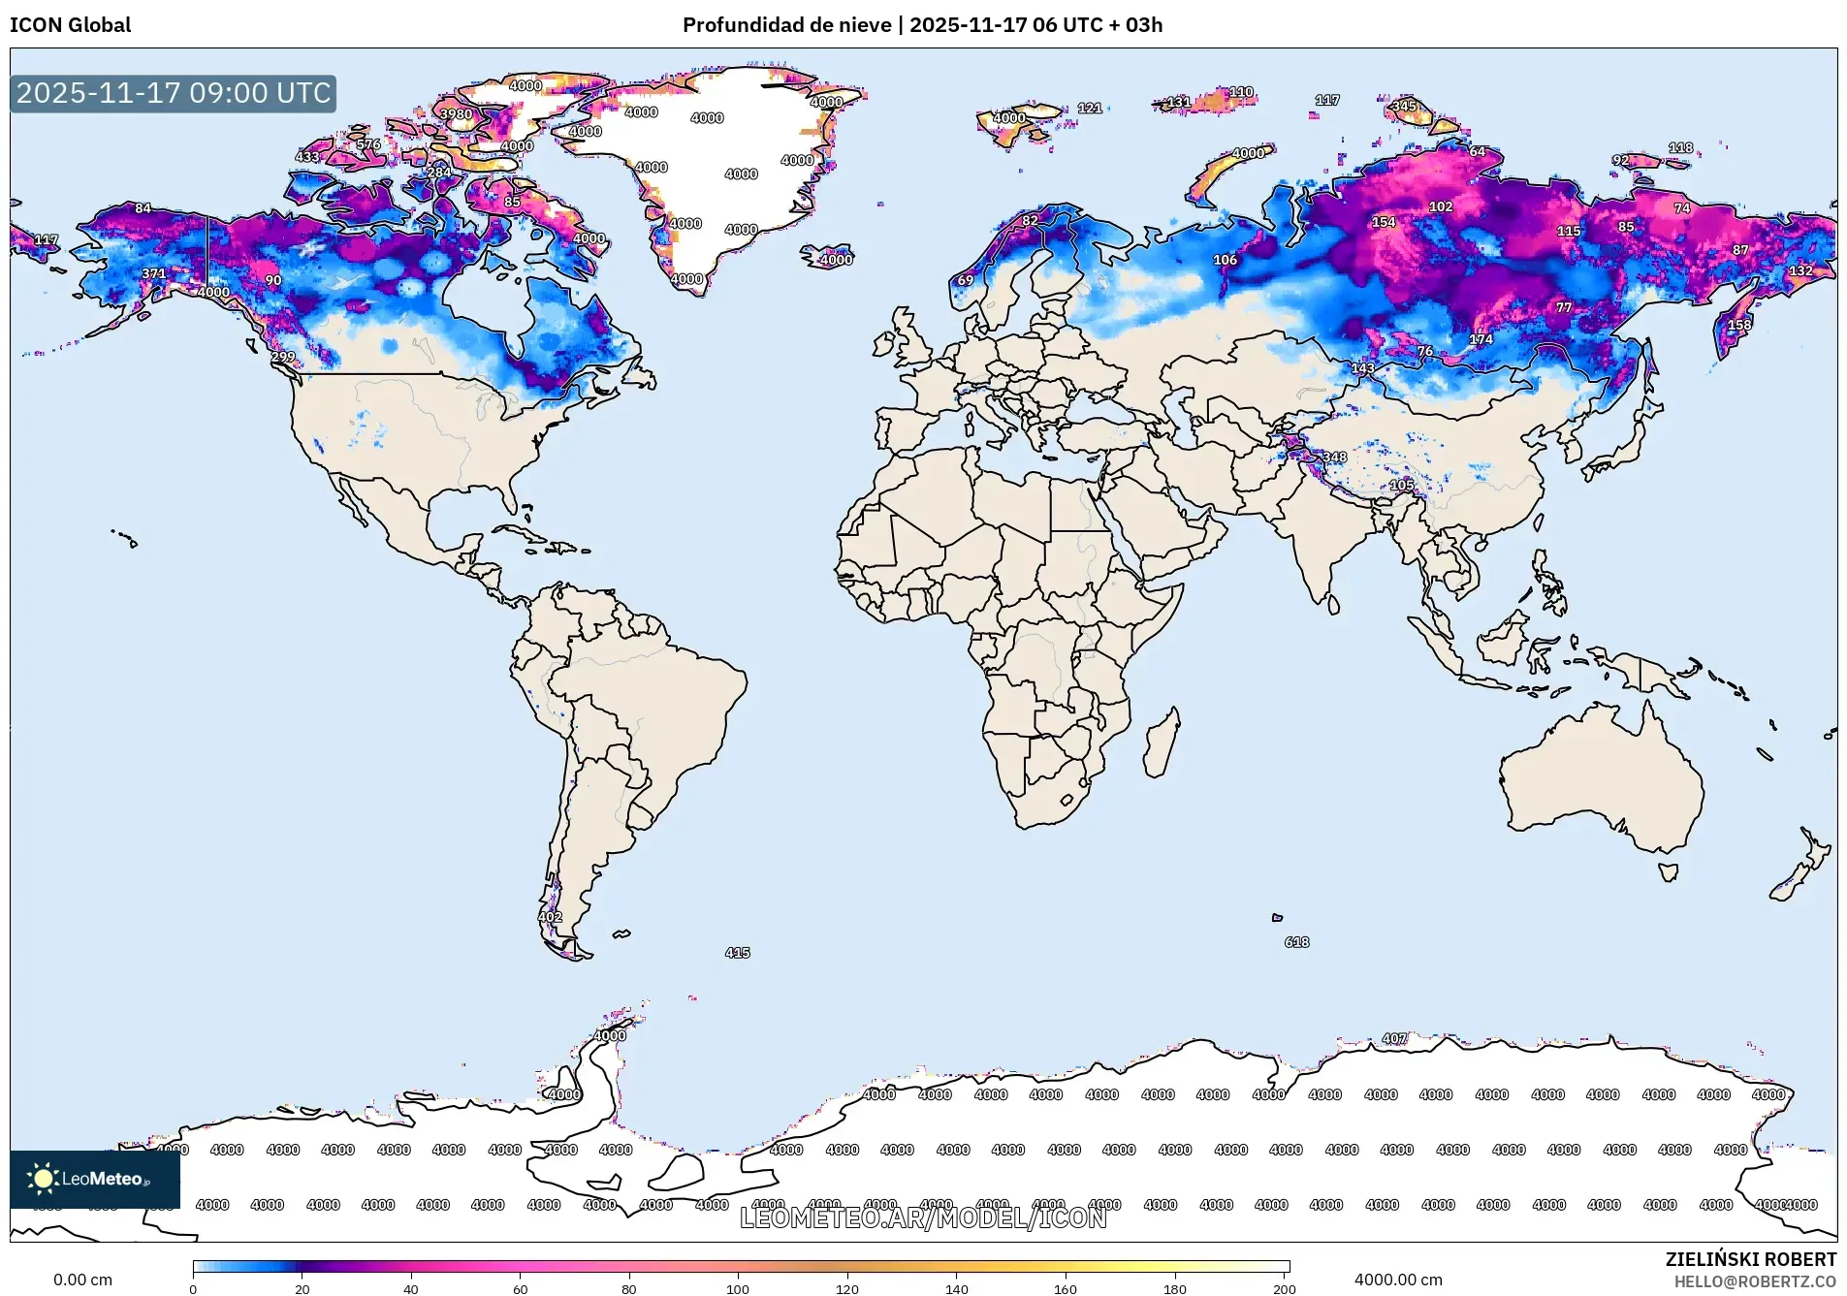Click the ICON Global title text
[x=70, y=25]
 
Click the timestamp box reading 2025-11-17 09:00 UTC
[x=174, y=93]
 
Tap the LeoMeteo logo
[x=94, y=1179]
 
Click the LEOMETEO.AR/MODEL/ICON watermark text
[x=922, y=1218]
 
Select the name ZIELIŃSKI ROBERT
[x=1750, y=1259]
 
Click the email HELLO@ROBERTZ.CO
[x=1755, y=1281]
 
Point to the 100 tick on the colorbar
[x=738, y=1288]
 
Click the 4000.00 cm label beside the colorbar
[x=1398, y=1280]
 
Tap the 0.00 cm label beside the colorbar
[x=82, y=1280]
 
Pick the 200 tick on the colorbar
[x=1284, y=1288]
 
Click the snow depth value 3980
[x=456, y=114]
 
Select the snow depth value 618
[x=1296, y=942]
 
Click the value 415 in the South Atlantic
[x=737, y=953]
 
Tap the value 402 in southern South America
[x=550, y=917]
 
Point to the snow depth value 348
[x=1334, y=458]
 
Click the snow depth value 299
[x=282, y=358]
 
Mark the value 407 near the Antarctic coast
[x=1394, y=1039]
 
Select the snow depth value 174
[x=1481, y=339]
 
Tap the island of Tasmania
[x=1668, y=872]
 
